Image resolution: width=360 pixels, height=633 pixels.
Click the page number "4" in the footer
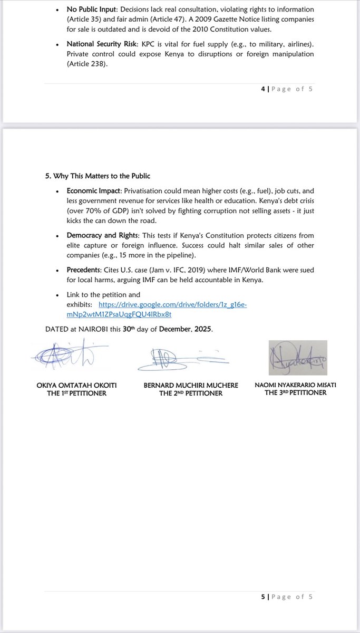pos(263,89)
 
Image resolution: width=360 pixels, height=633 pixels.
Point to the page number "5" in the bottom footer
pos(263,597)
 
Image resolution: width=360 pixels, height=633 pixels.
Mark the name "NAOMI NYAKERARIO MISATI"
pos(295,385)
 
